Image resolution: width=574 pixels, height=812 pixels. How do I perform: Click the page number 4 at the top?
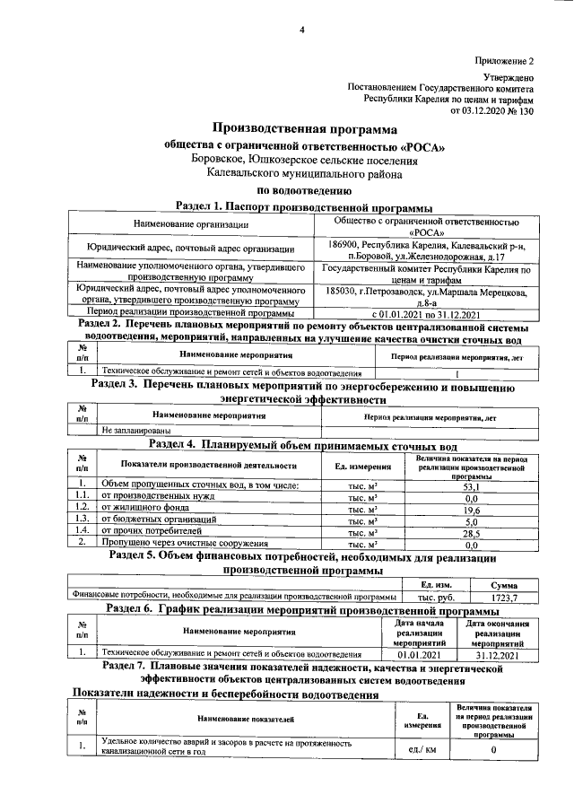point(302,31)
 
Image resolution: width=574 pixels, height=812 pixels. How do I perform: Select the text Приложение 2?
point(504,61)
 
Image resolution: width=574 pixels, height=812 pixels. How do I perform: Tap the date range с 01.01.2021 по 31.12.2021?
point(424,313)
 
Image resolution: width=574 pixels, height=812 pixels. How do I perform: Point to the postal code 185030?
point(346,291)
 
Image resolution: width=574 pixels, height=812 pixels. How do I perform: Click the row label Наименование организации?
point(190,223)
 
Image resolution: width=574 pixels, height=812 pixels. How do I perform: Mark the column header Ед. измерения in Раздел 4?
point(362,466)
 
